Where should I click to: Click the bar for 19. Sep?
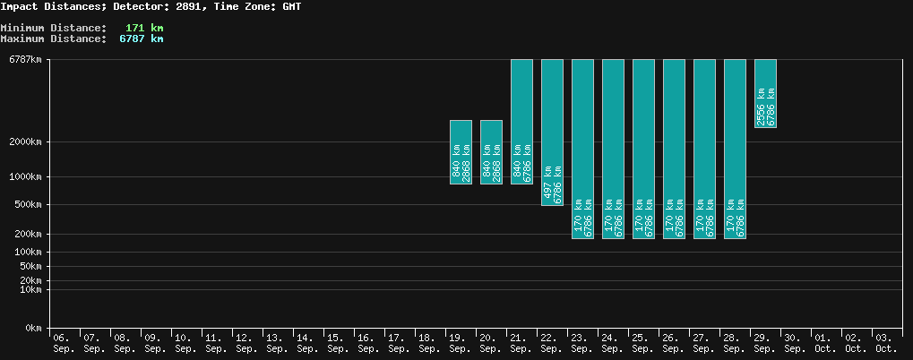coord(461,151)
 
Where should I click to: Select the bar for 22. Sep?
coord(552,132)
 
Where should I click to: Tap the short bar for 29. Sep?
coord(765,92)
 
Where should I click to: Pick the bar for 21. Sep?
coord(521,121)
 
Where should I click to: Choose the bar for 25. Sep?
coord(643,148)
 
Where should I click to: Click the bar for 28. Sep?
coord(735,148)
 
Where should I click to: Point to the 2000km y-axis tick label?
coord(25,141)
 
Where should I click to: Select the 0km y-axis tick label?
coord(33,329)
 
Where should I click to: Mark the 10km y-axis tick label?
coord(30,289)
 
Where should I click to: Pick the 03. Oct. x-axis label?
coord(884,343)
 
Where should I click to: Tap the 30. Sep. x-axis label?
coord(793,343)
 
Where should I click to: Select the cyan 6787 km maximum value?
coord(142,39)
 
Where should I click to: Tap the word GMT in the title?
coord(292,6)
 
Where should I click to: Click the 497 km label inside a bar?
coord(547,191)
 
